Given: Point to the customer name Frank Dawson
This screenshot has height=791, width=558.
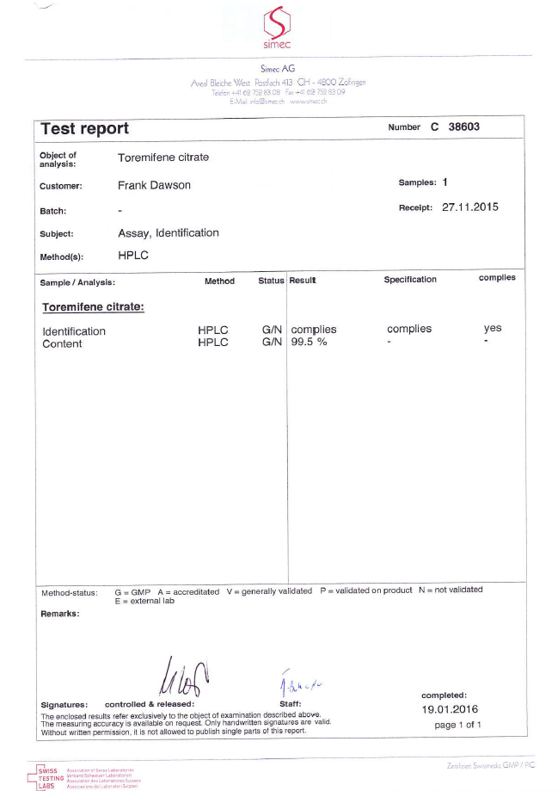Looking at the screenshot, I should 154,185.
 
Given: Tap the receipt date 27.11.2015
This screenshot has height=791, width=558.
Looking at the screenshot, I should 469,207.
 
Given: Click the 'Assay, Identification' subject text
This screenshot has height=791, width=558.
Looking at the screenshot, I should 168,233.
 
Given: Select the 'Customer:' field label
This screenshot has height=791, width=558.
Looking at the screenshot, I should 61,186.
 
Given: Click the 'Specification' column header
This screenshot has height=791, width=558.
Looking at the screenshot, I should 410,280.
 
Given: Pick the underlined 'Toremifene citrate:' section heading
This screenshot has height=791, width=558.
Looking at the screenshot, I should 93,306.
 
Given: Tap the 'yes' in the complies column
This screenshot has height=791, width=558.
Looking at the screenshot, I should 493,329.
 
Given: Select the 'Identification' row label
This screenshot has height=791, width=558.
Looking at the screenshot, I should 74,331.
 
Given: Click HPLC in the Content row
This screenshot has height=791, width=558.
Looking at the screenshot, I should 213,343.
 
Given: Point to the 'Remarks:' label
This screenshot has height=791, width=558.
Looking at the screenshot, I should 60,614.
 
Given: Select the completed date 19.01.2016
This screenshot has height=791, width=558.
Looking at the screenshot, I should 450,710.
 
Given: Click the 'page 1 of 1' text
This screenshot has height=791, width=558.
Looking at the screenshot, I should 457,726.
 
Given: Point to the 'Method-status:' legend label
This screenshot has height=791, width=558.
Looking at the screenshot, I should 69,592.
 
